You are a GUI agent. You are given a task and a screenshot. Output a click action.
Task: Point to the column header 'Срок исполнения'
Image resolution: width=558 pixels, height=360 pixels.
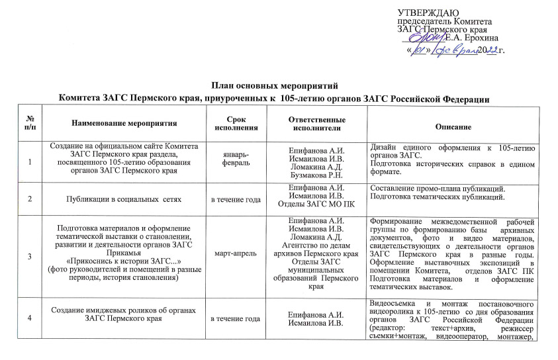click(x=231, y=124)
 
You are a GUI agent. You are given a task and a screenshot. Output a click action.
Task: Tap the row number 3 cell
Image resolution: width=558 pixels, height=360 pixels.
click(x=28, y=254)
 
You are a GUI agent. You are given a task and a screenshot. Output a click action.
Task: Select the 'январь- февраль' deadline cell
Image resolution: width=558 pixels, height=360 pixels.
click(x=231, y=159)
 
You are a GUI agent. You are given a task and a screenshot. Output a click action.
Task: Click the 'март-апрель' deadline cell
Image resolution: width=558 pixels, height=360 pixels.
click(x=231, y=254)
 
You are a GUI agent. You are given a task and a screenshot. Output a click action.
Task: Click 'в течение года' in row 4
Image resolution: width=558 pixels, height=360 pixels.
click(x=231, y=318)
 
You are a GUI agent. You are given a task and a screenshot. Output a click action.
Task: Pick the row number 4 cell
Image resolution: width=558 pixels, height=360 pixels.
click(x=28, y=318)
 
